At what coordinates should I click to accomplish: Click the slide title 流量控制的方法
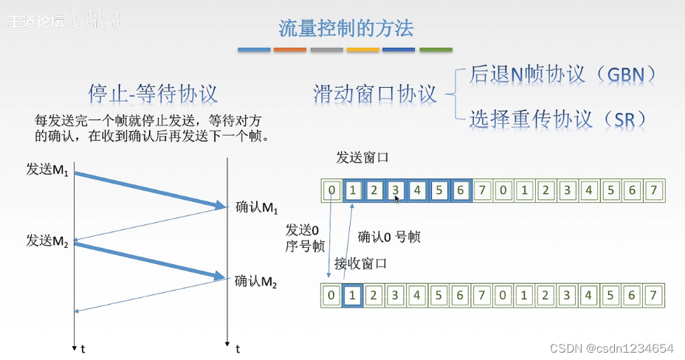[x=345, y=28]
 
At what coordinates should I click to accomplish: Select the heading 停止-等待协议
[x=153, y=94]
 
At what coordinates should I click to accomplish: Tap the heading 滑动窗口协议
[x=375, y=94]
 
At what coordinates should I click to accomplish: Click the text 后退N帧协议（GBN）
[x=562, y=75]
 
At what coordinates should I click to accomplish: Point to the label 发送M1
[x=47, y=170]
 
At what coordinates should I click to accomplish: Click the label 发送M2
[x=47, y=241]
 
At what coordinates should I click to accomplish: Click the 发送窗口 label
[x=362, y=158]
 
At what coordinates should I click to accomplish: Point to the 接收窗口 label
[x=360, y=263]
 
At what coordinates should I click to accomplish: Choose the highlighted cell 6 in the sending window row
[x=460, y=191]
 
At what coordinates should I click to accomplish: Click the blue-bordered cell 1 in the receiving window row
[x=353, y=296]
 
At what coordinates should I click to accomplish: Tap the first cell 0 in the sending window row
[x=332, y=191]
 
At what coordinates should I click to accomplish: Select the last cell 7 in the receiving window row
[x=653, y=296]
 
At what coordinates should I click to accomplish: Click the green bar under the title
[x=436, y=50]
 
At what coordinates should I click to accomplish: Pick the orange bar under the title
[x=289, y=50]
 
